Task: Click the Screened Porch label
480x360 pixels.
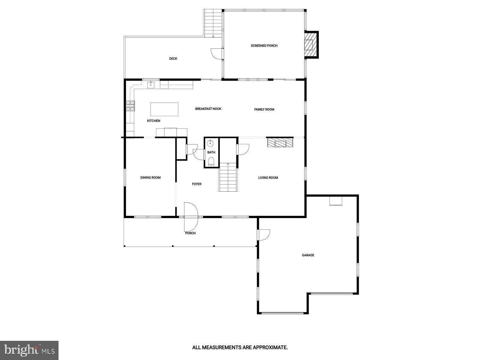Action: click(x=264, y=46)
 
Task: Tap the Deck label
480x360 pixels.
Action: click(x=173, y=59)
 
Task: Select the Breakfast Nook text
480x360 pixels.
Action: click(x=208, y=109)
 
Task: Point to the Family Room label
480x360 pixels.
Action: click(x=264, y=109)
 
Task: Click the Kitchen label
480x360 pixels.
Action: click(x=154, y=121)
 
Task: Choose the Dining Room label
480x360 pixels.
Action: click(x=150, y=178)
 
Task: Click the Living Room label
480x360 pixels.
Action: click(x=268, y=178)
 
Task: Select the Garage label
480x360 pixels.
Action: click(x=308, y=255)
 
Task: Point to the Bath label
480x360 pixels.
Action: click(x=211, y=152)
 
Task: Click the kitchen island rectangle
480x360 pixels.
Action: click(x=164, y=109)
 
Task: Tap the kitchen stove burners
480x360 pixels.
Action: click(x=130, y=105)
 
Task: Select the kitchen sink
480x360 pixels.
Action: click(x=151, y=85)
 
